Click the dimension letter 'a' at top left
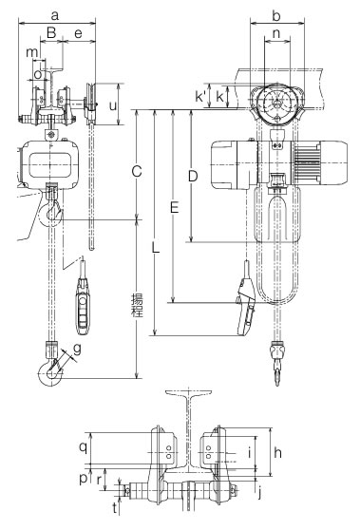click(x=55, y=15)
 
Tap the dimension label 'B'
click(x=51, y=33)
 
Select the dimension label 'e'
click(x=78, y=33)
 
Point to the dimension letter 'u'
click(x=113, y=105)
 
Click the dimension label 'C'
click(x=136, y=172)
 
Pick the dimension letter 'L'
click(x=155, y=248)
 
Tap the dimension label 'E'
click(x=174, y=208)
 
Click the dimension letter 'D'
click(x=192, y=176)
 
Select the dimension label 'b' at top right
click(x=276, y=15)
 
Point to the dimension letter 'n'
click(x=276, y=33)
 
